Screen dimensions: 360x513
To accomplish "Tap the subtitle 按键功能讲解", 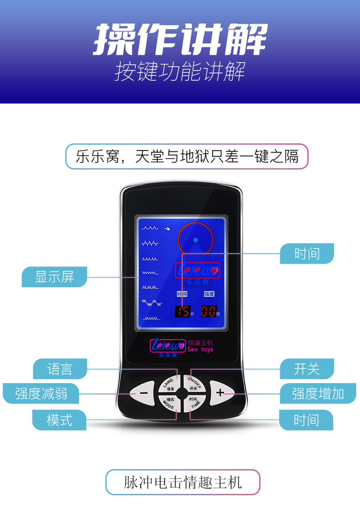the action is point(180,72).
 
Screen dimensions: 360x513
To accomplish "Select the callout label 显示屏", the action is point(54,277).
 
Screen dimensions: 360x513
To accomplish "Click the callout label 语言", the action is point(60,368).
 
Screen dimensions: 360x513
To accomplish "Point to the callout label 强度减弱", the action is point(41,393).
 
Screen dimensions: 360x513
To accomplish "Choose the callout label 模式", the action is point(59,420).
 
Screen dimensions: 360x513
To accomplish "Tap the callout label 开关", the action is point(307,368).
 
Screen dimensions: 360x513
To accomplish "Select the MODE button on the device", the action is point(170,403).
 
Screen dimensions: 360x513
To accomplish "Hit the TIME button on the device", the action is point(195,403).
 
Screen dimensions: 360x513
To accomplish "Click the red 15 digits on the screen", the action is point(183,312).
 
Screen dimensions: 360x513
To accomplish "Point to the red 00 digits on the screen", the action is point(209,312).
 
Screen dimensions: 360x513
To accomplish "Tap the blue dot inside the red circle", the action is point(195,240).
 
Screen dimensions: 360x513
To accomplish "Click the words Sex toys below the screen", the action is point(201,349).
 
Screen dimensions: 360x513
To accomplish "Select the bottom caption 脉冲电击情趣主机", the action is point(183,482).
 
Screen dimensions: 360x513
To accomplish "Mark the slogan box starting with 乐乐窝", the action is point(187,156).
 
